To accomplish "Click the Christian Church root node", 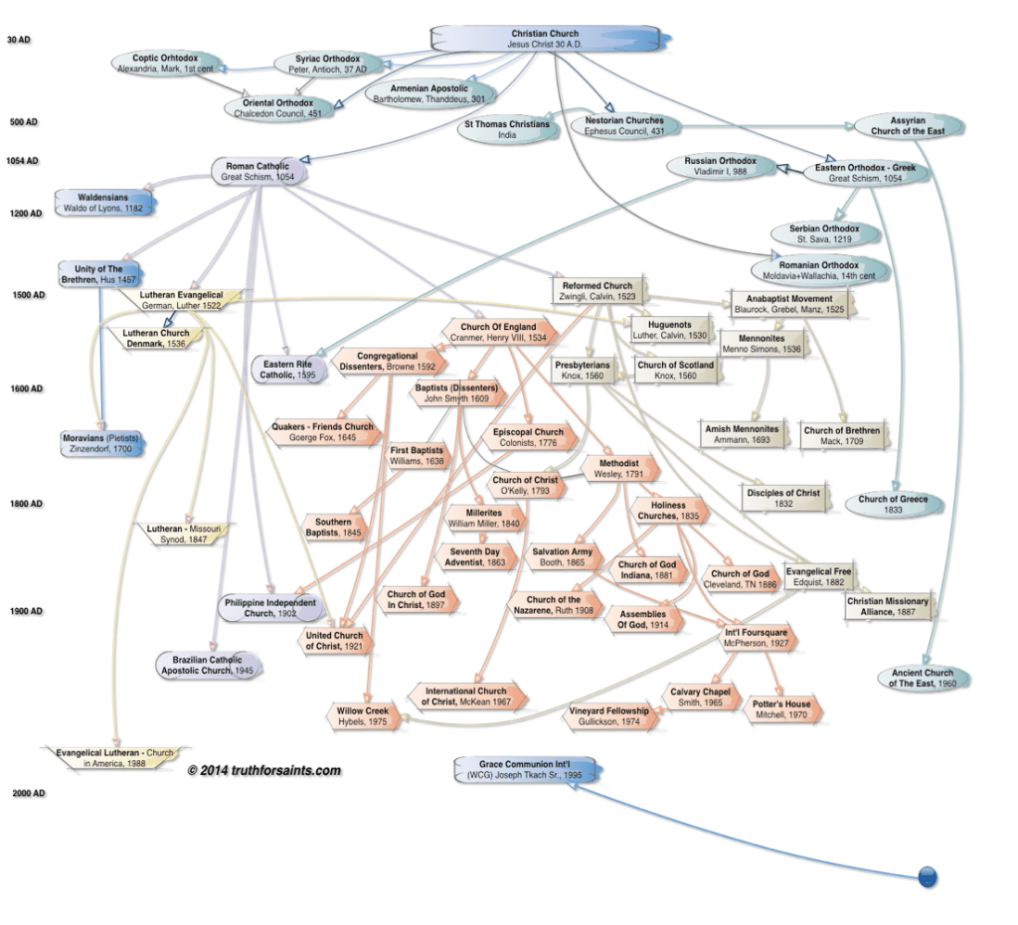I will click(544, 39).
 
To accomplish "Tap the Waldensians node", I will click(104, 203).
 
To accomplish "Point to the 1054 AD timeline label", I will click(21, 160).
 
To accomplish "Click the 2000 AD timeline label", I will click(25, 793).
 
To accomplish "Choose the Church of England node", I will click(498, 332).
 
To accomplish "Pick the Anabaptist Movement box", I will click(787, 302).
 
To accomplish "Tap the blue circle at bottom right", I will click(927, 876).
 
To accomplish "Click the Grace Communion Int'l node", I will click(514, 769).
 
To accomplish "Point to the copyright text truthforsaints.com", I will click(263, 770).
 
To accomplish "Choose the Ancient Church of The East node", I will click(922, 678).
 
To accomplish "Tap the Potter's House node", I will click(782, 709).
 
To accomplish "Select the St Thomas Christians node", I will click(506, 129).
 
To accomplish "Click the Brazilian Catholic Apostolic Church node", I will click(208, 665).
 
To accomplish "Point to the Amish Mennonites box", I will click(742, 433).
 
